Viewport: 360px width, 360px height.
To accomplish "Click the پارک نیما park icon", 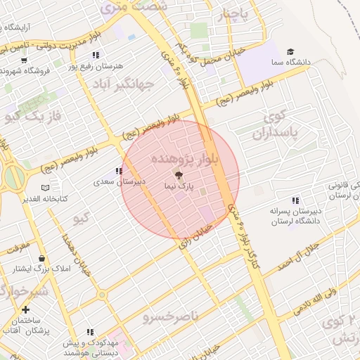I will click(178, 175).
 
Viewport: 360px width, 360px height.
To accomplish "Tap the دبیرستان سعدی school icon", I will click(118, 171).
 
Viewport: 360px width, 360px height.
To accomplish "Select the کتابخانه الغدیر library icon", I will click(46, 188).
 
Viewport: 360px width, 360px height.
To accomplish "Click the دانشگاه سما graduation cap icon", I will click(290, 52).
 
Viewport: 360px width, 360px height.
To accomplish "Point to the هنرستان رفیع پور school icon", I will click(96, 55).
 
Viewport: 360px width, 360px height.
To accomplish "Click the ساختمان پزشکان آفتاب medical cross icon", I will click(26, 309).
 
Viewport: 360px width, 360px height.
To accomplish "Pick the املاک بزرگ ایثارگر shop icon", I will click(41, 258).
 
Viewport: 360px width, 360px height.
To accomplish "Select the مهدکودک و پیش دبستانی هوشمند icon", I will click(90, 331).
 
